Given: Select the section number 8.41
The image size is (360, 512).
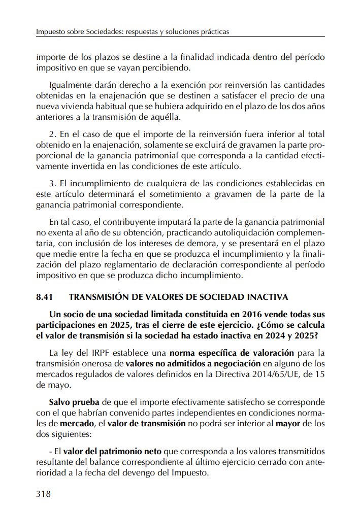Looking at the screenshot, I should pos(45,296).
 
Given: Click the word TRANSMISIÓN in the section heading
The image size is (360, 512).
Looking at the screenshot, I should pos(95,296).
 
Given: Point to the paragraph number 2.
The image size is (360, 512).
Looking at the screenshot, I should pos(52,134).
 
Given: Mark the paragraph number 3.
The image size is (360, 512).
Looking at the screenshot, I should pos(52,183).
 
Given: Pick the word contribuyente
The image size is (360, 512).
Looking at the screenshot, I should pos(116,222).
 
